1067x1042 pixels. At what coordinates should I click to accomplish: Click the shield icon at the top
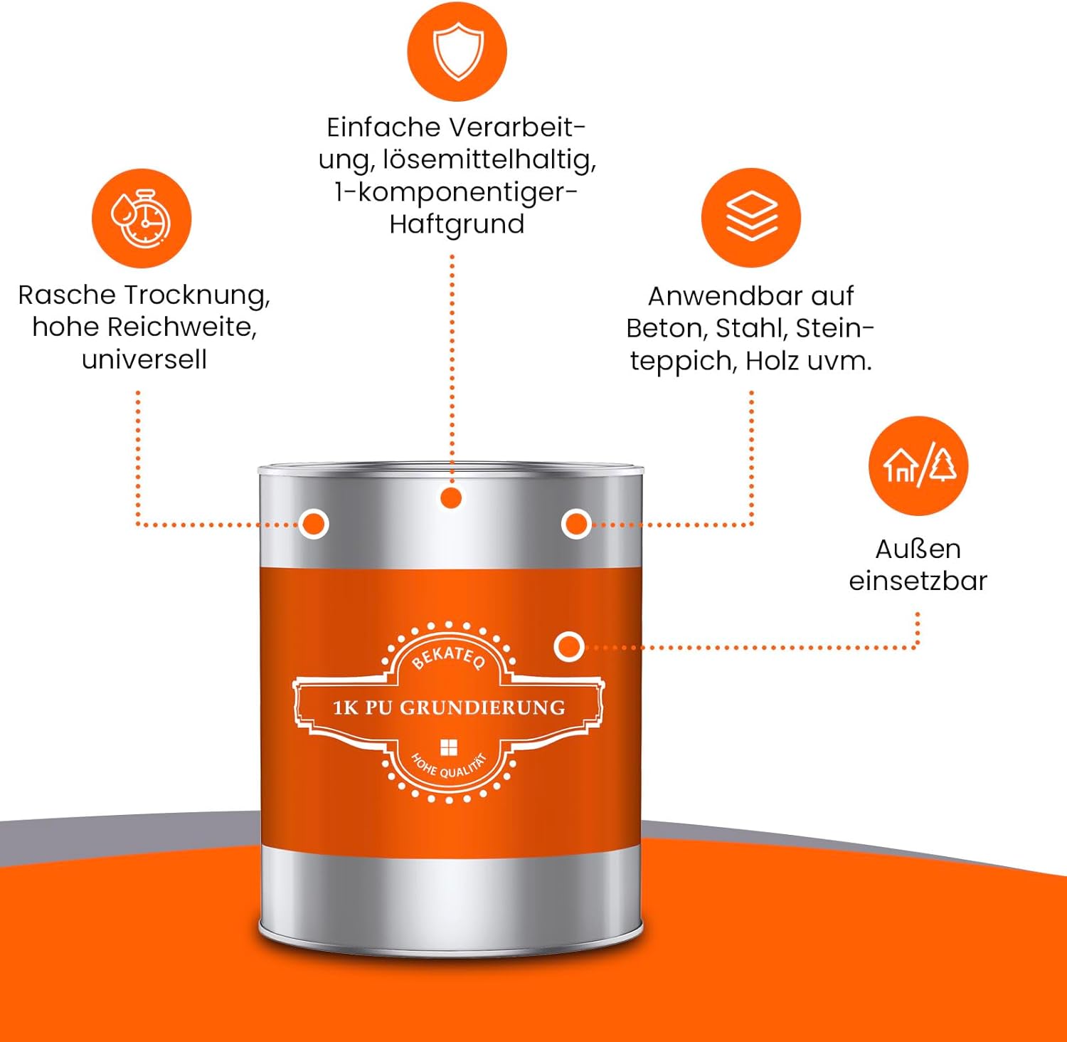[457, 51]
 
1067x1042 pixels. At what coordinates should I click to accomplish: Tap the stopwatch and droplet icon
[142, 218]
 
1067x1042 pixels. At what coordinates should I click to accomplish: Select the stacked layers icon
[751, 216]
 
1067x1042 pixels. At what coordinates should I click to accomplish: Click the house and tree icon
[918, 466]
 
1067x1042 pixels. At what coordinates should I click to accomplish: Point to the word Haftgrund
[457, 224]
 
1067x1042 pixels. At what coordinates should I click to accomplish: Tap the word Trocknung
[197, 295]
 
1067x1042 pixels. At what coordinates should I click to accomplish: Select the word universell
[144, 359]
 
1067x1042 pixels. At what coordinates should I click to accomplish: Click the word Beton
[666, 328]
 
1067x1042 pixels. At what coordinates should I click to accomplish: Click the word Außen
[918, 549]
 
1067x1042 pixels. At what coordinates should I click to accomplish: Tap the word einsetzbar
[918, 581]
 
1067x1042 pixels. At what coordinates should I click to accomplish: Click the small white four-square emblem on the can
[449, 747]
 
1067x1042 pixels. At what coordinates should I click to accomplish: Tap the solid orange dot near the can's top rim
[450, 498]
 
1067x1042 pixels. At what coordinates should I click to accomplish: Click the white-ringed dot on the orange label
[568, 647]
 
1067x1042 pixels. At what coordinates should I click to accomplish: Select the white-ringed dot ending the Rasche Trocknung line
[314, 525]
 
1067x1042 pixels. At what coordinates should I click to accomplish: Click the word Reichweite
[181, 327]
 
